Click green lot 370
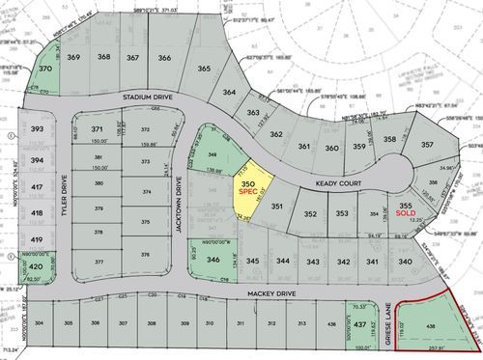point(45,70)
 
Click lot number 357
point(427,146)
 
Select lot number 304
point(39,322)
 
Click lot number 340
point(406,262)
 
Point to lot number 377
point(98,262)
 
